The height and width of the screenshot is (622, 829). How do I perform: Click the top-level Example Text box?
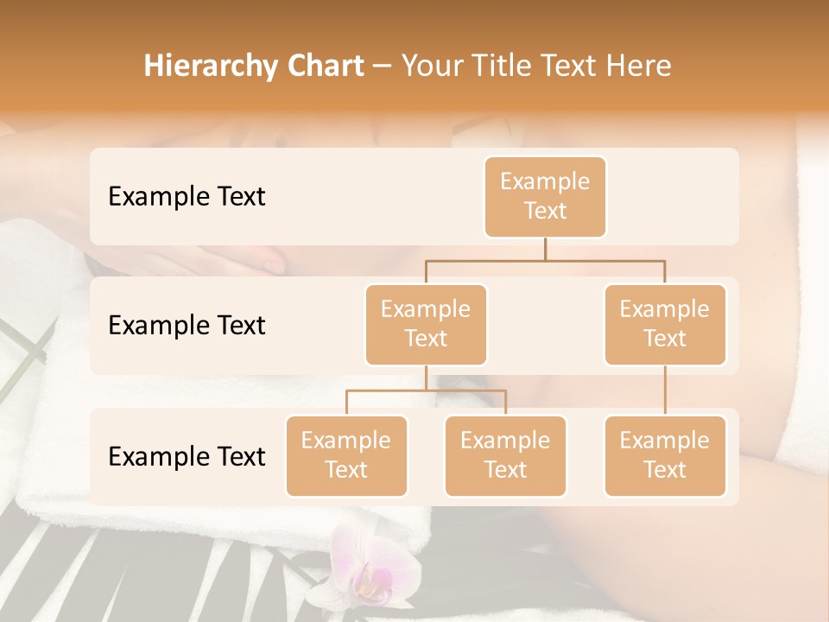tap(545, 196)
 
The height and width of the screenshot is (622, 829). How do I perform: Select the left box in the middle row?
tap(426, 324)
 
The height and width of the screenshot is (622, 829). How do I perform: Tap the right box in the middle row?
tap(665, 324)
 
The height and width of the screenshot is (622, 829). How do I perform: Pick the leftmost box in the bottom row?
tap(346, 455)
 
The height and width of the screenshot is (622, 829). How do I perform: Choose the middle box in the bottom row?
tap(505, 455)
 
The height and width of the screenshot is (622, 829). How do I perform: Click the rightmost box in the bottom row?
tap(665, 455)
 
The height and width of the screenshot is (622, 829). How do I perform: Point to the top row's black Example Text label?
tap(187, 196)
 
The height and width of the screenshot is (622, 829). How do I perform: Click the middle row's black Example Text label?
tap(187, 325)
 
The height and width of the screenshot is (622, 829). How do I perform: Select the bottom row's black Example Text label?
tap(187, 456)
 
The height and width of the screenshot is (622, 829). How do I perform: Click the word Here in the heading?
tap(638, 66)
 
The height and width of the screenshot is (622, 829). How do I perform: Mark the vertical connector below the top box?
tap(545, 249)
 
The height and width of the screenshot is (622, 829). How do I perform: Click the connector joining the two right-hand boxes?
tap(665, 390)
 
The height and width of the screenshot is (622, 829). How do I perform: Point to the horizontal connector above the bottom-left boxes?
tap(426, 390)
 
